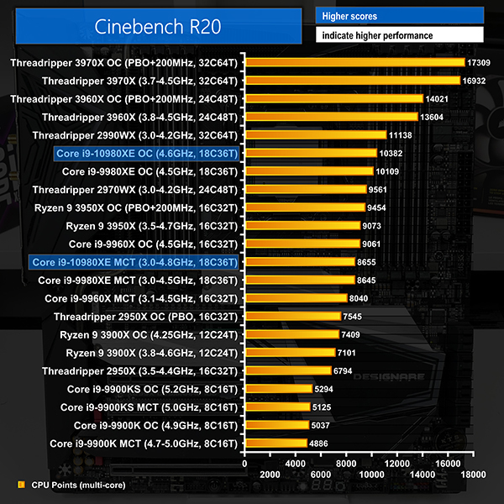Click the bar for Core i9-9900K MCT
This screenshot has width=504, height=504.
point(276,443)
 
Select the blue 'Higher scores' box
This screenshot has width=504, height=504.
point(399,16)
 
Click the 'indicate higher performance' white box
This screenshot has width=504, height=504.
point(399,36)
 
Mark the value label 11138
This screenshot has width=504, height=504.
point(402,135)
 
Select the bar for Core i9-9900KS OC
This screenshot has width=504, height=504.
point(278,389)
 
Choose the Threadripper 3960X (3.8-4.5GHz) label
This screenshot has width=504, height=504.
point(141,117)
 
